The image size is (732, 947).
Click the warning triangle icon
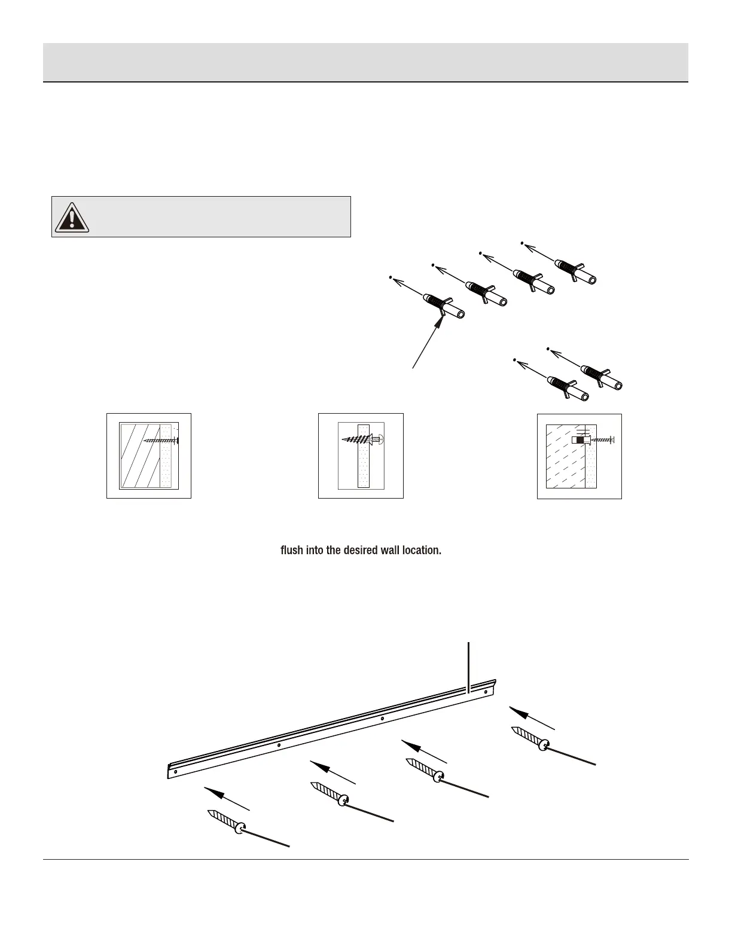[72, 217]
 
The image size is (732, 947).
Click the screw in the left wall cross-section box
[162, 441]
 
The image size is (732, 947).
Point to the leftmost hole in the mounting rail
[175, 771]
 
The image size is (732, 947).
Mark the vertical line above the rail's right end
[468, 667]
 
